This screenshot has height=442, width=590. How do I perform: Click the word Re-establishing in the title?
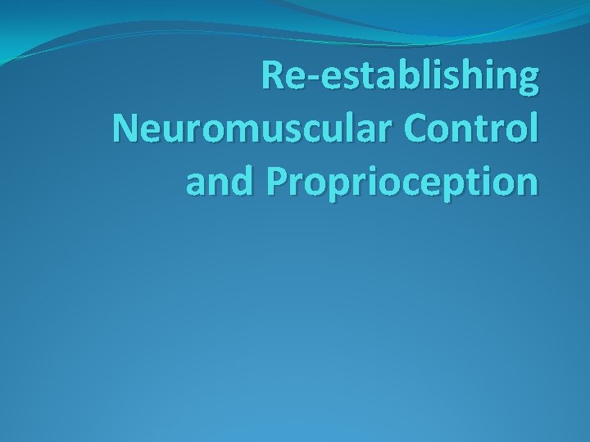coord(401,77)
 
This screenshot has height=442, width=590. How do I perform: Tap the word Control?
coord(470,129)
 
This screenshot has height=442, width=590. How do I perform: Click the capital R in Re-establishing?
coord(273,77)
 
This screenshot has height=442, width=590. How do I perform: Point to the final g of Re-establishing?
coord(528,83)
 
